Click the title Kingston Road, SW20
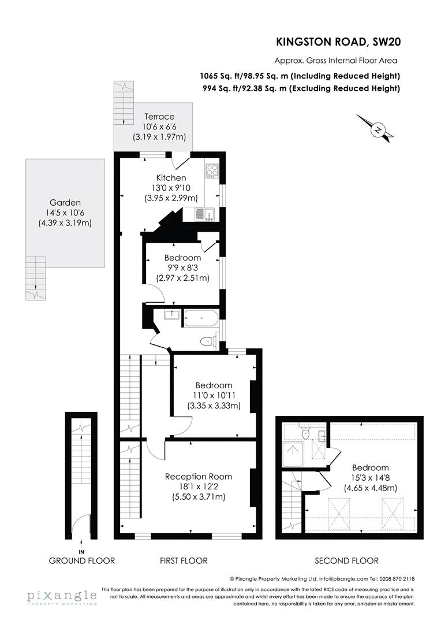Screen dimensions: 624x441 click(x=338, y=41)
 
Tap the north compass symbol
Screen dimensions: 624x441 click(x=378, y=130)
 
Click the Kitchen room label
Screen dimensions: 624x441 click(x=171, y=177)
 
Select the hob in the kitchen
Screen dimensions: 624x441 click(x=211, y=170)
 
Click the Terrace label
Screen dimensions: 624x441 click(x=159, y=117)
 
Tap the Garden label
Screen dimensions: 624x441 click(x=65, y=202)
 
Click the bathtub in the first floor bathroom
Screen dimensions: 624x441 click(x=200, y=318)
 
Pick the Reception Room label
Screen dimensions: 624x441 click(x=199, y=477)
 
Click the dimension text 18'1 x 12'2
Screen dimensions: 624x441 click(x=199, y=486)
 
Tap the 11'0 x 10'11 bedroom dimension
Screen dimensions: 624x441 click(x=214, y=395)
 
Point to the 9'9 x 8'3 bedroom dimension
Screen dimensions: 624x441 click(x=182, y=268)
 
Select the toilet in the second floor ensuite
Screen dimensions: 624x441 click(x=306, y=433)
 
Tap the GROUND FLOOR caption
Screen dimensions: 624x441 click(x=81, y=560)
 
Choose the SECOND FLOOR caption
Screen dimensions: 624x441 click(x=346, y=560)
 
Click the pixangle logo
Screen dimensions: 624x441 click(x=61, y=597)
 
